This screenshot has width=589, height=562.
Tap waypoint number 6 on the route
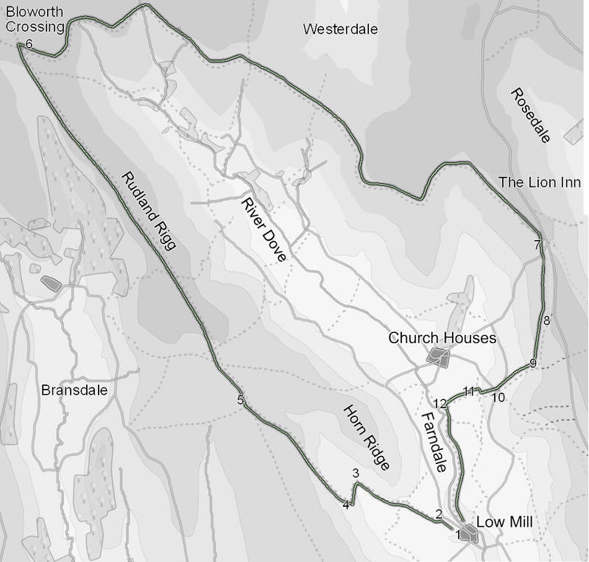coord(29,44)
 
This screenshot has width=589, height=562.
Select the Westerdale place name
coord(340,29)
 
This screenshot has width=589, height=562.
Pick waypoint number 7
coord(538,245)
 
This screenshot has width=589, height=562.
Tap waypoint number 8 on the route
coord(546,320)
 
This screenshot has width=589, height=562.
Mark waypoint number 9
coord(532,363)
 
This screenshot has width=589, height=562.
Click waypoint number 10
coord(498,398)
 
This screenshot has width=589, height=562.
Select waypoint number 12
coord(440,403)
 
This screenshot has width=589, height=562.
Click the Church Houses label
coord(442,339)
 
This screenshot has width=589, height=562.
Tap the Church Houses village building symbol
coord(440,358)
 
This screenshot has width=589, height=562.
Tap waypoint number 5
coord(240,401)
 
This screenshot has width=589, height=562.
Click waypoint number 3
coord(356,474)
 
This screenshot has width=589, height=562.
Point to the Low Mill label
coord(504,522)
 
